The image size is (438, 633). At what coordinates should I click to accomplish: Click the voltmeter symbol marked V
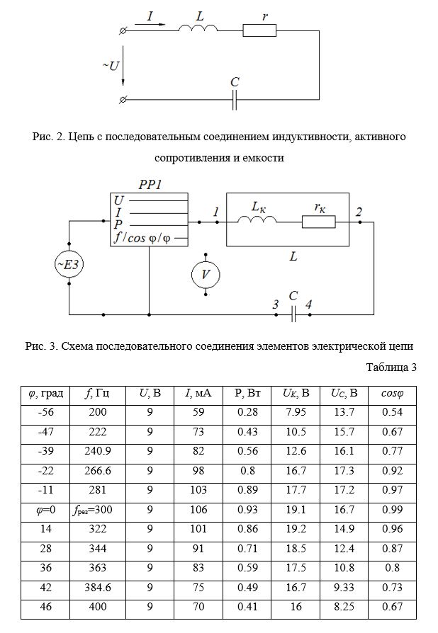(206, 275)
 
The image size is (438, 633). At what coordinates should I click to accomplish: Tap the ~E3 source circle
(69, 264)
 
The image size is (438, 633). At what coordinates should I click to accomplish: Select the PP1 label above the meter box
(150, 185)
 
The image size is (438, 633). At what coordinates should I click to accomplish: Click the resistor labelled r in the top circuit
(259, 30)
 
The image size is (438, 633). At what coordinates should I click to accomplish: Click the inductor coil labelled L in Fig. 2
(198, 28)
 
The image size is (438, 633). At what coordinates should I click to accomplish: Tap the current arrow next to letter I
(150, 24)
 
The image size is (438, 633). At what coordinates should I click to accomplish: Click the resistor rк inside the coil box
(318, 222)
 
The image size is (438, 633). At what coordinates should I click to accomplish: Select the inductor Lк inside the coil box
(257, 219)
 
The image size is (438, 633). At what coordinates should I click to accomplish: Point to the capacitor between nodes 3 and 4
(293, 314)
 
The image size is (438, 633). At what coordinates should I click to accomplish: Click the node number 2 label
(359, 212)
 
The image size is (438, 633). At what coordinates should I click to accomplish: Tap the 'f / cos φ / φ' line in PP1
(142, 238)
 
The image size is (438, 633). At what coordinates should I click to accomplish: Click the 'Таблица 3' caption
(391, 367)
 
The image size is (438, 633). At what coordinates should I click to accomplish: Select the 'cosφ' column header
(392, 393)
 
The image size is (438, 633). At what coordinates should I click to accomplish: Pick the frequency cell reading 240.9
(97, 451)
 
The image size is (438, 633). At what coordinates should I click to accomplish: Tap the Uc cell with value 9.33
(344, 588)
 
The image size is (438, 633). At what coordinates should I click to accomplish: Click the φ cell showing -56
(45, 412)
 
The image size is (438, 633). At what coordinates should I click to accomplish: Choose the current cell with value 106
(198, 510)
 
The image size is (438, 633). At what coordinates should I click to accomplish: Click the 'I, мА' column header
(198, 393)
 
